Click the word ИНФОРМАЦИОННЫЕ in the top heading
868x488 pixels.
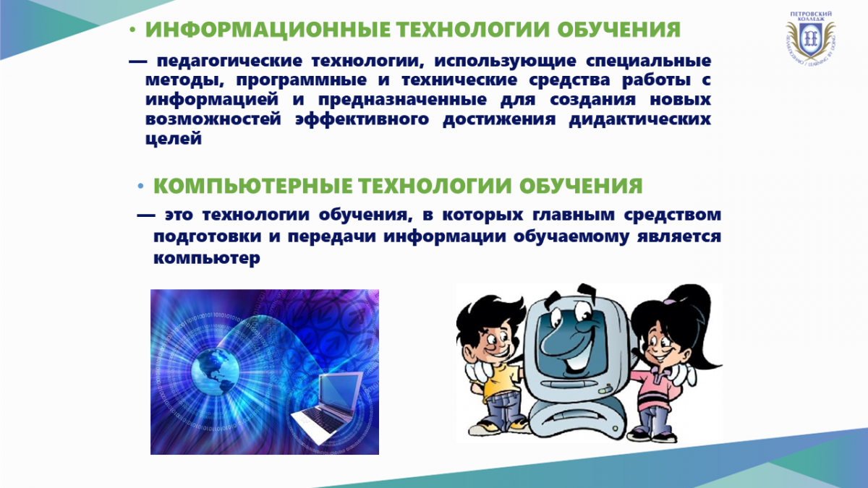268,30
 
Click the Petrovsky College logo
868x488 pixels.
810,38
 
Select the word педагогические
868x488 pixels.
229,61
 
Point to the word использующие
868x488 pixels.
505,61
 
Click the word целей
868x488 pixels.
174,139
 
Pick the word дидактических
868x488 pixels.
639,119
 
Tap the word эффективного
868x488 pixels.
362,119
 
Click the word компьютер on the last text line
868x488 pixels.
207,258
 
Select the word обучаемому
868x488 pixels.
571,236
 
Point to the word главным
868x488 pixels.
574,215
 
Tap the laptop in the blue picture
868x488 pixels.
328,406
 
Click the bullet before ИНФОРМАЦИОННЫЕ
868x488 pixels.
132,30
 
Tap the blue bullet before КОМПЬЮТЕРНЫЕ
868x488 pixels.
140,187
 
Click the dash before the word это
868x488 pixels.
146,215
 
